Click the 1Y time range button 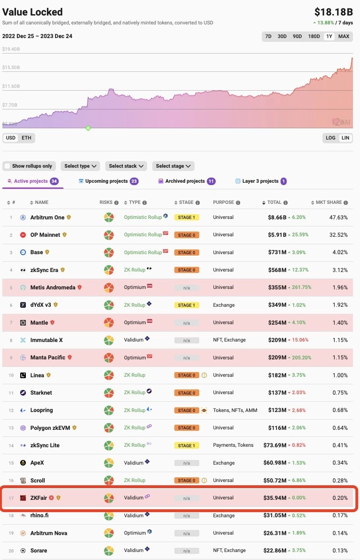pyautogui.click(x=329, y=36)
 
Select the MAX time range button pyautogui.click(x=344, y=36)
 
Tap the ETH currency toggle pyautogui.click(x=26, y=138)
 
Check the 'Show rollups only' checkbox pyautogui.click(x=7, y=166)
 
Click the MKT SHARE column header pyautogui.click(x=329, y=202)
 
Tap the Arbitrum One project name pyautogui.click(x=47, y=218)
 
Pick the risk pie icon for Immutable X pyautogui.click(x=109, y=340)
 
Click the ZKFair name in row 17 pyautogui.click(x=41, y=498)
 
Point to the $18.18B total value pyautogui.click(x=333, y=12)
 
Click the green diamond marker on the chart pyautogui.click(x=88, y=128)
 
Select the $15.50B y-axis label pyautogui.click(x=12, y=68)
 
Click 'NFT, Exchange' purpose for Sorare pyautogui.click(x=230, y=551)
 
